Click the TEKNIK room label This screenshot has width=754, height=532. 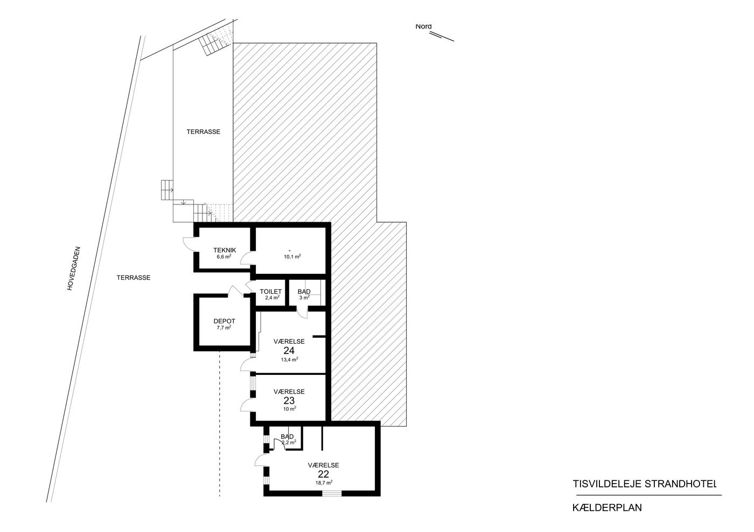[225, 250]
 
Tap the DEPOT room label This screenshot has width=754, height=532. [224, 321]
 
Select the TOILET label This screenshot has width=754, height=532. [270, 292]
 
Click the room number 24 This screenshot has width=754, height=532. [289, 351]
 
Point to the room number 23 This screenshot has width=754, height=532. [289, 401]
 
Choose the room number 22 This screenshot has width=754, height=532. [323, 474]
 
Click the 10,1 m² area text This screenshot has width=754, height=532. [292, 257]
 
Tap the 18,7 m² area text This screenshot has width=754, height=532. [324, 483]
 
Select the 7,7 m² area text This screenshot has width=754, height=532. [224, 328]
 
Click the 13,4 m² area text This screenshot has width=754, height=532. [290, 359]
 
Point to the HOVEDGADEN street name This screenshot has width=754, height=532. [74, 269]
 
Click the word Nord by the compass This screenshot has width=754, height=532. [423, 26]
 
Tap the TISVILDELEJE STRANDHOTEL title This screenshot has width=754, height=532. [644, 484]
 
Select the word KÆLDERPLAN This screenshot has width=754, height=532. [608, 508]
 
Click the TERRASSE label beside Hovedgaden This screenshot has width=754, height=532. [134, 278]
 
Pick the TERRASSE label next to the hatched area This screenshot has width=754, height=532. [204, 132]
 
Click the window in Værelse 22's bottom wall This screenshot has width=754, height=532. [332, 493]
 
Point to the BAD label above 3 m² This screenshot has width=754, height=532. [304, 292]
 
